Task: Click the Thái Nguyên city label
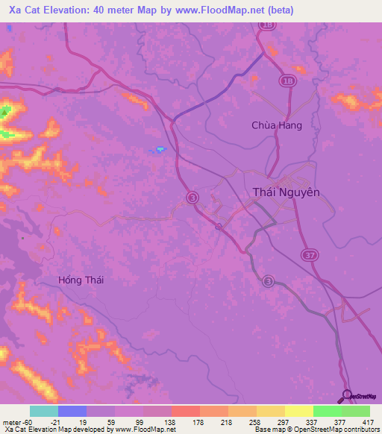pos(286,192)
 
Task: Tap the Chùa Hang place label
pos(276,125)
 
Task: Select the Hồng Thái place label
pos(81,280)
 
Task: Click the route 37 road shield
pos(309,256)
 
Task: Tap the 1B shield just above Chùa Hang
pos(288,80)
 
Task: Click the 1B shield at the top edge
pos(267,25)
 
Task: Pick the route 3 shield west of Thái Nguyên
pos(193,197)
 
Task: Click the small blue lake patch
pos(160,149)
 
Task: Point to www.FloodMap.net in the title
pos(224,10)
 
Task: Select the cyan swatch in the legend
pos(43,411)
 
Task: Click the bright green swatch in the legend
pos(327,411)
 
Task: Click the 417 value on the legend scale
pos(369,421)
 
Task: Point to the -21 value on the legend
pos(55,421)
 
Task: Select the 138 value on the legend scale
pos(169,421)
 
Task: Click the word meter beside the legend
pos(13,421)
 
